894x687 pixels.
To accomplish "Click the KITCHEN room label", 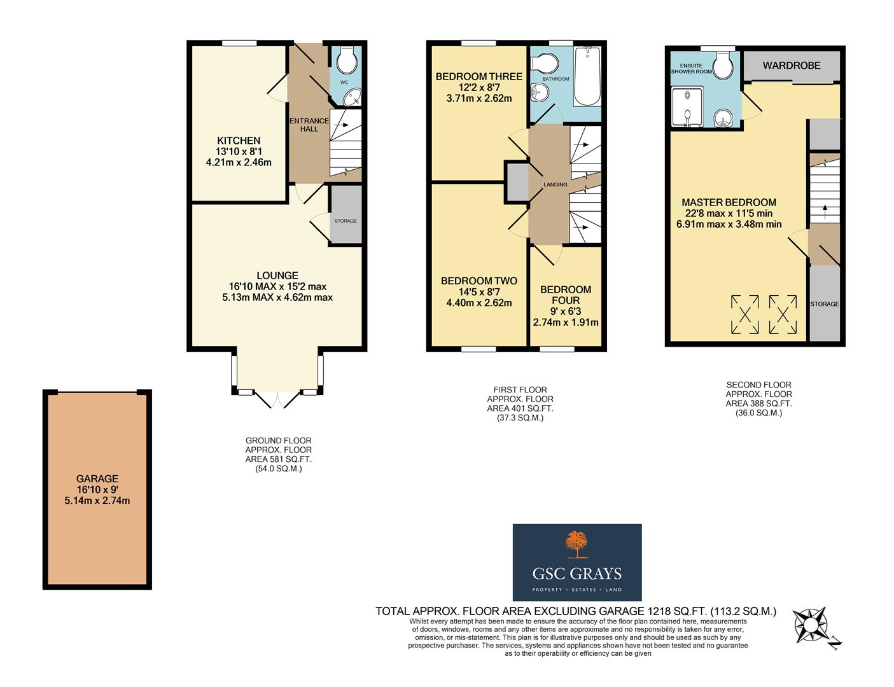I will point(239,141).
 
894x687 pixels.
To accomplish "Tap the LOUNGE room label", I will point(277,275).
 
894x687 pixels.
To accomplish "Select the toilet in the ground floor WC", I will point(347,61).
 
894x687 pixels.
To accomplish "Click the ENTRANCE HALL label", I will point(309,125).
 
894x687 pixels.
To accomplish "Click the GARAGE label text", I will point(97,479).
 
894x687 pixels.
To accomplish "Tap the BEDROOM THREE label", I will point(478,77).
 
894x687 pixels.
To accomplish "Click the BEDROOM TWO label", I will point(478,281).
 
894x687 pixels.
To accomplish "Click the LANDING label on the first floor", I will point(555,184).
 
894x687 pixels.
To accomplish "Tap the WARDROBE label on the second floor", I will point(792,66).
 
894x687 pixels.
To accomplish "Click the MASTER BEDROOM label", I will point(729,202).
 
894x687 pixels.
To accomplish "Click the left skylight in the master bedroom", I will point(744,314).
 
